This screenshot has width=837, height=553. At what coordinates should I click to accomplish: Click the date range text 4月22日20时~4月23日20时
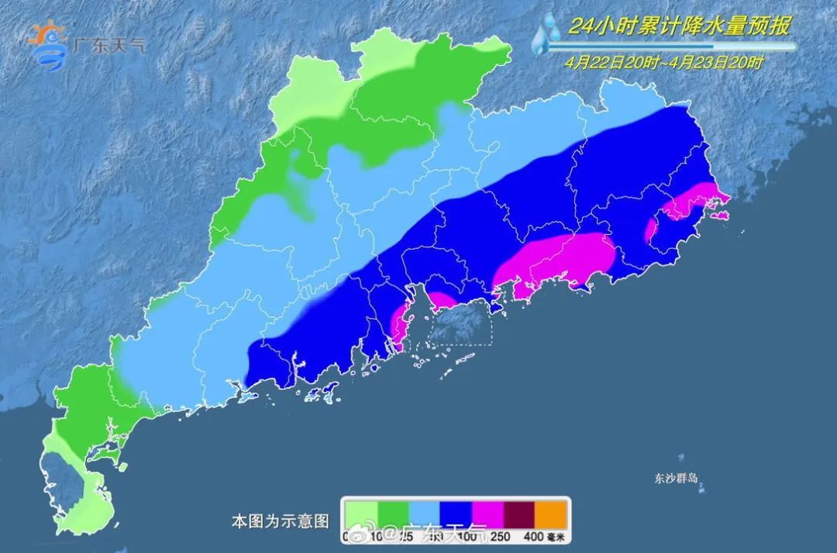pyautogui.click(x=664, y=64)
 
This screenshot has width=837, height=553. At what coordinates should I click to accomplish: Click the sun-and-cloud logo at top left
pyautogui.click(x=49, y=47)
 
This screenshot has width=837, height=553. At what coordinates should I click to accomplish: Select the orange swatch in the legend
pyautogui.click(x=553, y=513)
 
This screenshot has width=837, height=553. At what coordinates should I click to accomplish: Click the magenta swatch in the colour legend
pyautogui.click(x=488, y=513)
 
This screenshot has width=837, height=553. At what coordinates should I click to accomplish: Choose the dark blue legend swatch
pyautogui.click(x=456, y=513)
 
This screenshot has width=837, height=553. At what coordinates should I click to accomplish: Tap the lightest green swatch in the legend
pyautogui.click(x=361, y=513)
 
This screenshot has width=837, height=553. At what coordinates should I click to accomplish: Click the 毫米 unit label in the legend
pyautogui.click(x=557, y=537)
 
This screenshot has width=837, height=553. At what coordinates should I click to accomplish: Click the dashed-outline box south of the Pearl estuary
pyautogui.click(x=463, y=326)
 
